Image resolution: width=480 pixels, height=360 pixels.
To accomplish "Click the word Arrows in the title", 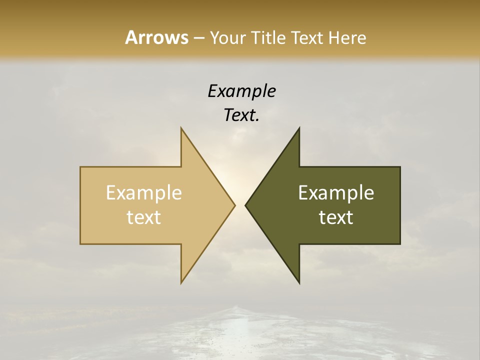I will click(x=156, y=37).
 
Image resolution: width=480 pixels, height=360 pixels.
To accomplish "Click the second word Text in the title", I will click(x=307, y=38).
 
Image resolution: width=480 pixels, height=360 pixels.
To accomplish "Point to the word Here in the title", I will click(x=347, y=38).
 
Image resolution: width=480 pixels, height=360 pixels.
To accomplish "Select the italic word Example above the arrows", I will click(x=241, y=91).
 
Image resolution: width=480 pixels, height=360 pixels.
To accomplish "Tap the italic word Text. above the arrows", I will click(x=241, y=115).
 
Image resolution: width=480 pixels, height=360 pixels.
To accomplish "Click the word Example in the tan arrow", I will click(x=144, y=193).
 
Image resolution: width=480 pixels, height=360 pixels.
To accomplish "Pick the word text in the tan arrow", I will click(x=144, y=217).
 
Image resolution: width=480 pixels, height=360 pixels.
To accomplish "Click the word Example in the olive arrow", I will click(x=336, y=193).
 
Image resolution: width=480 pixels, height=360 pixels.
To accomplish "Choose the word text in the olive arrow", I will click(x=336, y=217).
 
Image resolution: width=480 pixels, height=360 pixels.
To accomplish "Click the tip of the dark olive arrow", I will click(x=247, y=205).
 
